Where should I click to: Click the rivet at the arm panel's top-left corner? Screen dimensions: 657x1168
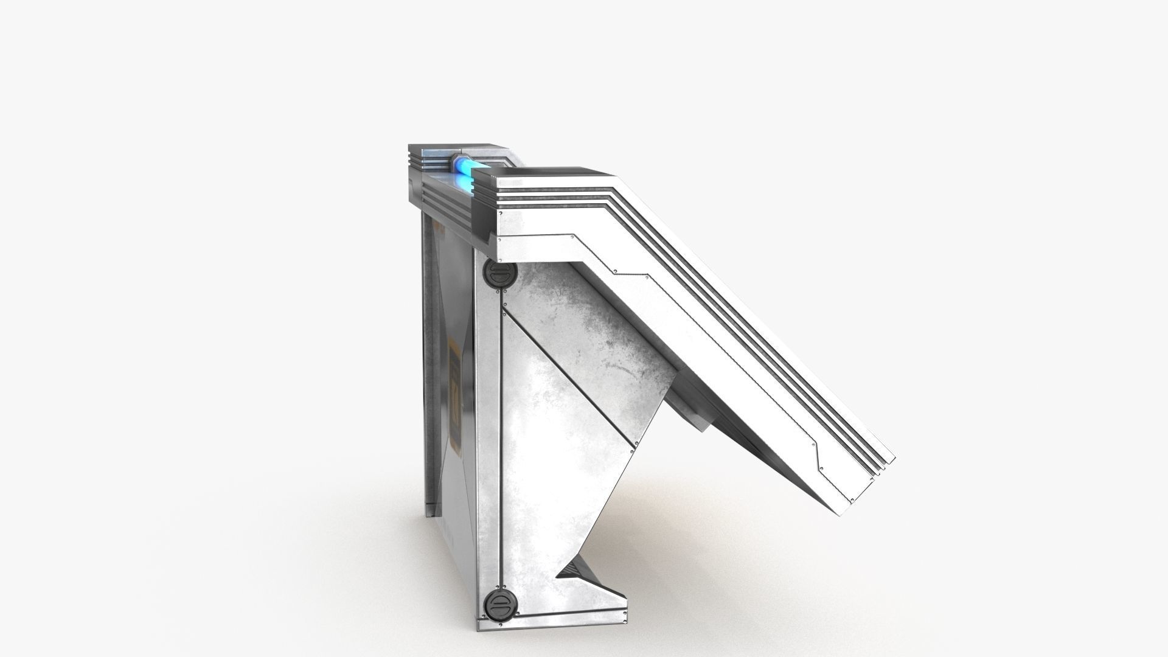click(500, 240)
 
